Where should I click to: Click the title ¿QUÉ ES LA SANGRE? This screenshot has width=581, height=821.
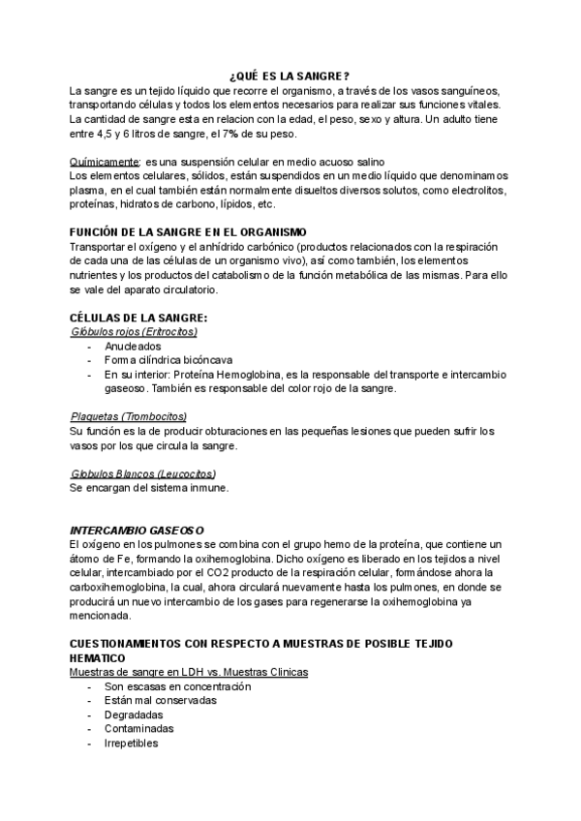pyautogui.click(x=290, y=76)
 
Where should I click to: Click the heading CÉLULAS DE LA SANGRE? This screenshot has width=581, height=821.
pyautogui.click(x=138, y=318)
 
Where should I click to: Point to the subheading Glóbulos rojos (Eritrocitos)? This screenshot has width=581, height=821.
pyautogui.click(x=135, y=331)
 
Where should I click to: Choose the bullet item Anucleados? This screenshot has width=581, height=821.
pyautogui.click(x=134, y=346)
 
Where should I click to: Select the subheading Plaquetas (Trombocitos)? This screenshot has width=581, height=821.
pyautogui.click(x=128, y=415)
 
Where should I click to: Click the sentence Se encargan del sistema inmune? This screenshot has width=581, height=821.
pyautogui.click(x=149, y=488)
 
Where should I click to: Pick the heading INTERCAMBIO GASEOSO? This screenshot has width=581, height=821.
pyautogui.click(x=137, y=530)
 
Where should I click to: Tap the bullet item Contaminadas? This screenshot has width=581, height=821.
pyautogui.click(x=139, y=729)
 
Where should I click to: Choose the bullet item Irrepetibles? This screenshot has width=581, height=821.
pyautogui.click(x=131, y=744)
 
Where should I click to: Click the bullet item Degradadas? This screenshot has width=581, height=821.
pyautogui.click(x=134, y=715)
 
